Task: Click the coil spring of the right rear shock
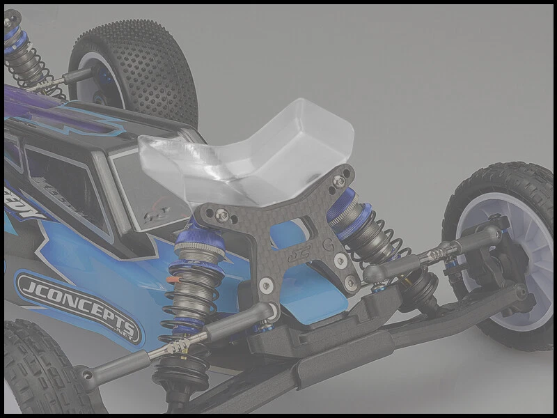point(379,244)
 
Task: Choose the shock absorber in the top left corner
point(24,56)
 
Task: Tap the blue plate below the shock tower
point(320,307)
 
